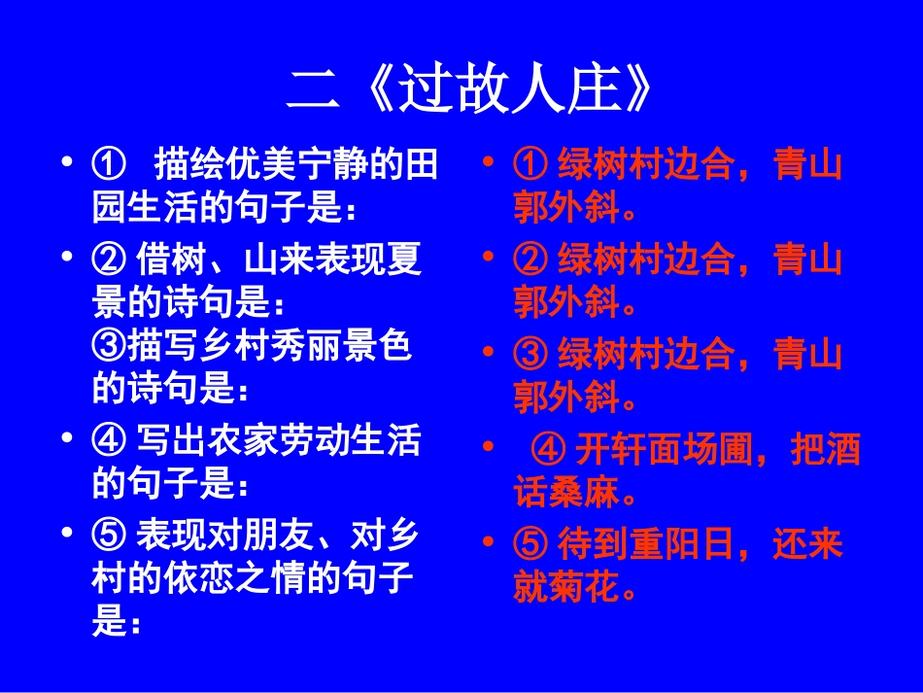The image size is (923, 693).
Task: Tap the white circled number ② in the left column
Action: (109, 260)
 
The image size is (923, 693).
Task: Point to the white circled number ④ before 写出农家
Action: (109, 442)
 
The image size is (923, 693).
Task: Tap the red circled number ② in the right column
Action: (530, 260)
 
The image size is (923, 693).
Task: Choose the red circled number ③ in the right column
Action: (530, 353)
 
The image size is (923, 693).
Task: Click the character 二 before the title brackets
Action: (313, 90)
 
